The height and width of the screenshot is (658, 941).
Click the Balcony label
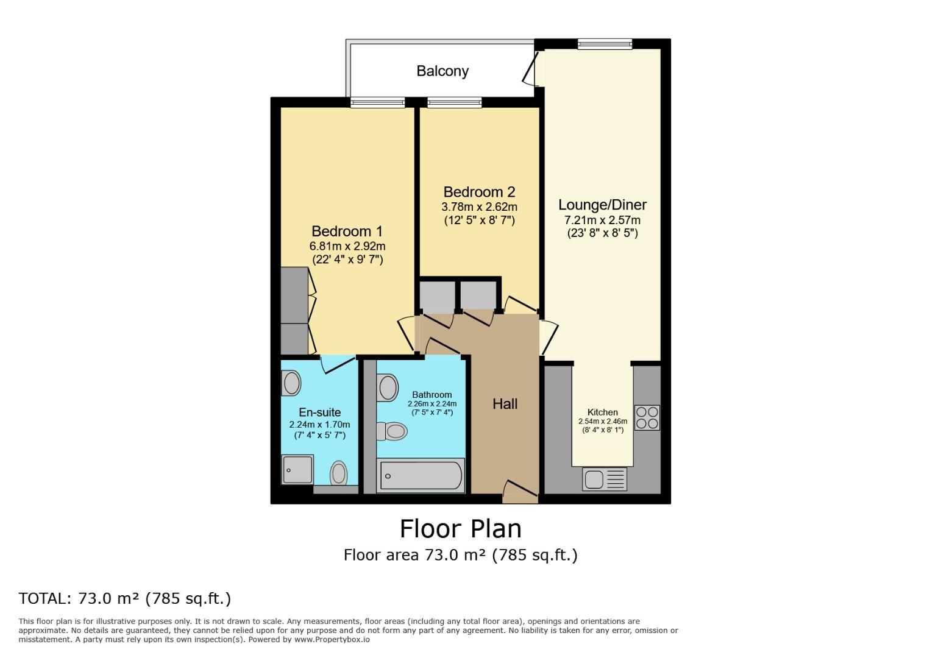442,71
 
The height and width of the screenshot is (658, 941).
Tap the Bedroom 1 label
347,232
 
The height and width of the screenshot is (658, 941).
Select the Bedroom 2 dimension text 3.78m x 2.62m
479,207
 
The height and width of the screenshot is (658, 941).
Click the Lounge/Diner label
602,205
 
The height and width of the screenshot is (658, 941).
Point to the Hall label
505,404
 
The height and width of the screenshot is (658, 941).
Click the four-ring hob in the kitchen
647,418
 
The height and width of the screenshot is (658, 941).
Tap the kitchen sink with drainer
604,479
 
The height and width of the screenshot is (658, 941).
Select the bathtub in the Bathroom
421,476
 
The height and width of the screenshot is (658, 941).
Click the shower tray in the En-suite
297,470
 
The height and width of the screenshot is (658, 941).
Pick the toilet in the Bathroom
391,431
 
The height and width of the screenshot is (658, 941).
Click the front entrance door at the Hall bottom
520,492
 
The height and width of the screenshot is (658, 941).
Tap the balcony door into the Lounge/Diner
531,69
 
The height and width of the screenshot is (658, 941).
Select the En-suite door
339,364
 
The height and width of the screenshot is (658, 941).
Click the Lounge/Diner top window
605,44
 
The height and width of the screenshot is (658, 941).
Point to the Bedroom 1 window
377,102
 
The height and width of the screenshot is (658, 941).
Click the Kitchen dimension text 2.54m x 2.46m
602,421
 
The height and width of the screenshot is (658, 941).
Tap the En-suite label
320,412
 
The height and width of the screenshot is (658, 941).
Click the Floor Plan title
460,529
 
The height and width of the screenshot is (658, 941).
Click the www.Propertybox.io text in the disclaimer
332,640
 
